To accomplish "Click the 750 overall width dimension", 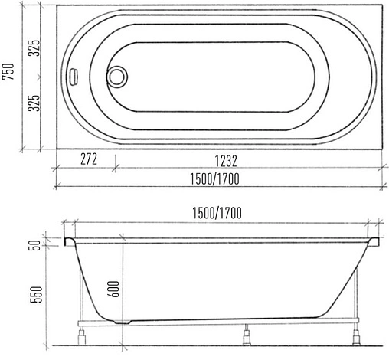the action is (x=8, y=71).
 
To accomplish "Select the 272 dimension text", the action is (x=89, y=159).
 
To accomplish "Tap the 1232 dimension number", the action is (x=226, y=161).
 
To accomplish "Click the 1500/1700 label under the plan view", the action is (x=214, y=178).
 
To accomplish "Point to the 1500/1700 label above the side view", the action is (x=217, y=213).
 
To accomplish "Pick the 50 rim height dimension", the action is (x=36, y=245).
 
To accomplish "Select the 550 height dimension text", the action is (x=36, y=295).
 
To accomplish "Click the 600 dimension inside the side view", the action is (x=113, y=289).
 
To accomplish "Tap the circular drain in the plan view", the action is (x=117, y=77).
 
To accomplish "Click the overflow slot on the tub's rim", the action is (x=75, y=77).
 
